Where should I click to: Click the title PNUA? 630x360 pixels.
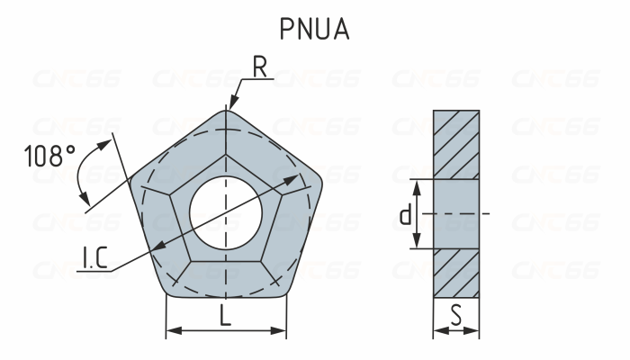coord(314,28)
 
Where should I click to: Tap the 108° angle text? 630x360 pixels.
coord(49,157)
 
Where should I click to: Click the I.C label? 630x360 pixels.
coord(95,262)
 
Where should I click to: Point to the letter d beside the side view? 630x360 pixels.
coord(405,214)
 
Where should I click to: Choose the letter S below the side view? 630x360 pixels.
coord(456,315)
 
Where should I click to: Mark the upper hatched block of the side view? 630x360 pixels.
coord(456,144)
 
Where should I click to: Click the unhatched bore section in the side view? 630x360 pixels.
coord(456,214)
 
